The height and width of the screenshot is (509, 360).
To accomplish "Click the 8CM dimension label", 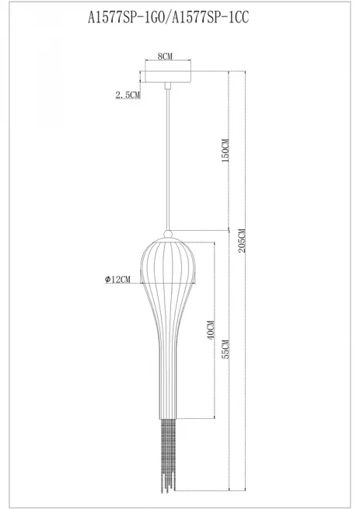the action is [165, 56].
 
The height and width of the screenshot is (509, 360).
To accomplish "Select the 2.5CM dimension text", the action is [128, 95].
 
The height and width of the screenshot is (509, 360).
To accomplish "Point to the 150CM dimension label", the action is [225, 150].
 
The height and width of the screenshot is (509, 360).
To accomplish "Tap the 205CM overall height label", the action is [242, 241].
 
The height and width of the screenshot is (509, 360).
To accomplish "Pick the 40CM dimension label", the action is [211, 329].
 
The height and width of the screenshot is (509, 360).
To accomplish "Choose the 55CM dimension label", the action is [225, 349].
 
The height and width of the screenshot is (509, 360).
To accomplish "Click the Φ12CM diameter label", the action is [117, 279].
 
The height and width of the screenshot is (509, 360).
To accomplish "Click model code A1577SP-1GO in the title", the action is [127, 17].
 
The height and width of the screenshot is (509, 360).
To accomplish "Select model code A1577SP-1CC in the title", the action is [210, 17].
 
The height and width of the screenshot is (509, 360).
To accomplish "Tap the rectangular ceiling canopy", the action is [168, 77].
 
